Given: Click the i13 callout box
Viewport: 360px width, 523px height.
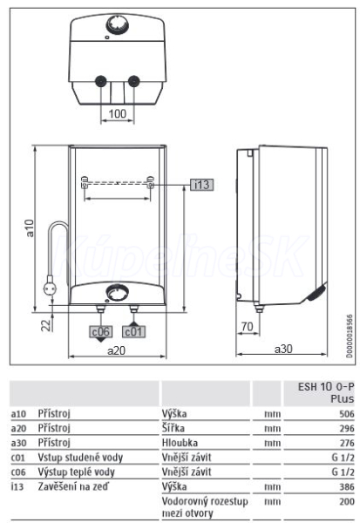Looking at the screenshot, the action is click(x=202, y=185).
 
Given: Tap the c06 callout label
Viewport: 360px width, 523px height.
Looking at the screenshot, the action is click(x=101, y=331).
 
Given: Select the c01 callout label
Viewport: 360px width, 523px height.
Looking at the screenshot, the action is click(x=133, y=331).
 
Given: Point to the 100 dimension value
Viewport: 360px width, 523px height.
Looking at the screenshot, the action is click(x=118, y=113).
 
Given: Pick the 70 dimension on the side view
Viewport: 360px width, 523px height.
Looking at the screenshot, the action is click(x=248, y=326).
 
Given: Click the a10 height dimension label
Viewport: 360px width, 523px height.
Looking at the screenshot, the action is click(x=30, y=228).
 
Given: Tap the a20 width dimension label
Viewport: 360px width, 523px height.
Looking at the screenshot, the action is click(x=117, y=350).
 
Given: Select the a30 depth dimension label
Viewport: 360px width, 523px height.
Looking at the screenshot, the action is click(x=283, y=349).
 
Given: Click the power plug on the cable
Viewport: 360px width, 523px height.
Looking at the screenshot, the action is click(x=51, y=287).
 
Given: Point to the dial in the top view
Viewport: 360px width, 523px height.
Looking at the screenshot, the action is click(x=117, y=25).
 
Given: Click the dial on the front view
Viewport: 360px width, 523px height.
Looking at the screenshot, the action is click(x=117, y=294).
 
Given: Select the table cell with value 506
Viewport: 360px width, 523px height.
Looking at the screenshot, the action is click(x=347, y=414).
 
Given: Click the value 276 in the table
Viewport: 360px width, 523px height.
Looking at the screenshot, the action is click(x=347, y=443).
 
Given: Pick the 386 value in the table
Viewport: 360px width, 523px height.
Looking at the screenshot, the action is click(x=347, y=487).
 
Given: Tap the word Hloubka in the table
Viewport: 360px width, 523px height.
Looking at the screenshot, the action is click(x=180, y=443).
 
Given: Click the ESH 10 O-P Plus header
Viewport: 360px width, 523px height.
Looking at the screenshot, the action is click(x=326, y=392).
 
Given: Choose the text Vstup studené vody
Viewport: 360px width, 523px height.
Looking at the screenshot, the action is click(x=80, y=458).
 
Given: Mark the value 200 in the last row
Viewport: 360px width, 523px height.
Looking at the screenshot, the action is click(x=347, y=501).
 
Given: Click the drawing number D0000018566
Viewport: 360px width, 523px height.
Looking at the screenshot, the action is click(x=349, y=336).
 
